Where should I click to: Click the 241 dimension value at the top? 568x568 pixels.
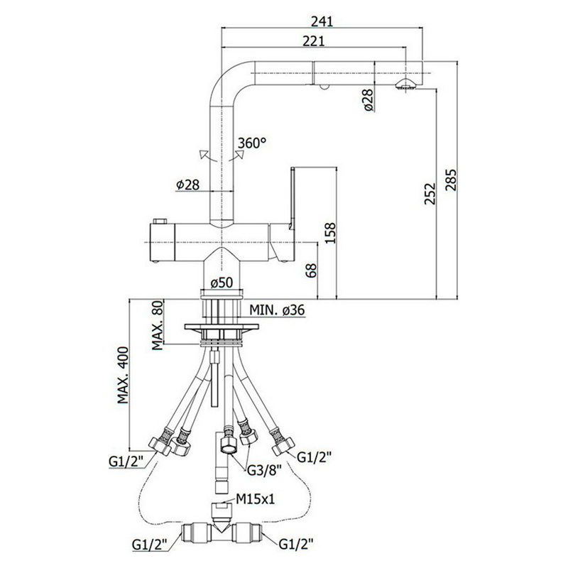pos(322,21)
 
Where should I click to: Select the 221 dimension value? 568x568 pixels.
pos(314,41)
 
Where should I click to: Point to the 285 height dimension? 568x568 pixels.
pos(451,180)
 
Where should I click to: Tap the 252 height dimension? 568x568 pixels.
pos(430,193)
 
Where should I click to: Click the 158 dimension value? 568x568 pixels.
pos(330,233)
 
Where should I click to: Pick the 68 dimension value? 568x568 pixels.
pos(311,271)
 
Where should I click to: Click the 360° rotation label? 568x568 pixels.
pos(252,143)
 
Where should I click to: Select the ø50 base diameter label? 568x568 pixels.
pos(222,282)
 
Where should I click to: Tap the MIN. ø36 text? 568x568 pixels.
pos(277,310)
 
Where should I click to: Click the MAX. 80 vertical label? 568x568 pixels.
pos(158,325)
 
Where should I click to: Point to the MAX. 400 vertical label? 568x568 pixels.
pos(123,375)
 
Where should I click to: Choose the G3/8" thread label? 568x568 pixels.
pos(264,470)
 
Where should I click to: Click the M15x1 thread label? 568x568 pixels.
pos(256,499)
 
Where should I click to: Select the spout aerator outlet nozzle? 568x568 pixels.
pos(405,84)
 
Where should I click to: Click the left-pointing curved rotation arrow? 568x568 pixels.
pos(207,155)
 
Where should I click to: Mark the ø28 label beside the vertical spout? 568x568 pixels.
pos(188,185)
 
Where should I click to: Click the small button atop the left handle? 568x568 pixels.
pos(159,221)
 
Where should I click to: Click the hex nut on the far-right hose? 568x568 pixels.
pos(283,446)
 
